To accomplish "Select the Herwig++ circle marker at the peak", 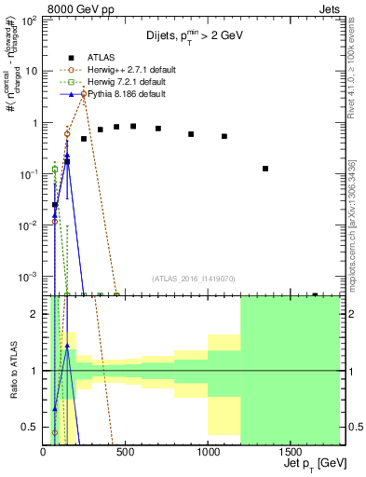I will (84, 94).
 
